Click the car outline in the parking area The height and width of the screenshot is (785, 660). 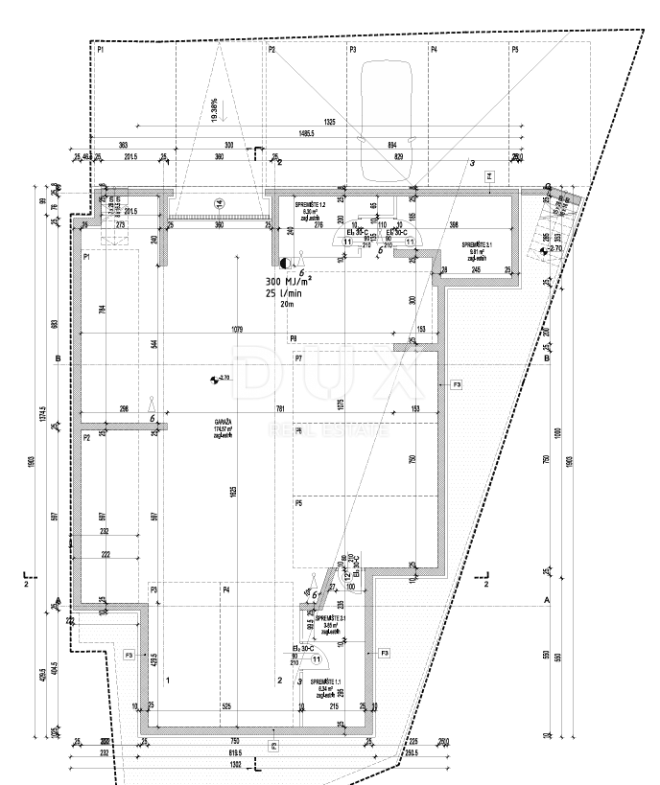tap(384, 122)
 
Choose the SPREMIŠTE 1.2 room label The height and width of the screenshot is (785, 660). tap(309, 206)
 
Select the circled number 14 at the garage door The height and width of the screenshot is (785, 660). tap(219, 203)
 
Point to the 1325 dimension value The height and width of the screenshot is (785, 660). tap(330, 122)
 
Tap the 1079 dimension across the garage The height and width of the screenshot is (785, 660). tap(236, 330)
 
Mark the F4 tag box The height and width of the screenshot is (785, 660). tap(489, 176)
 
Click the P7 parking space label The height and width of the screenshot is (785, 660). tap(299, 358)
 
